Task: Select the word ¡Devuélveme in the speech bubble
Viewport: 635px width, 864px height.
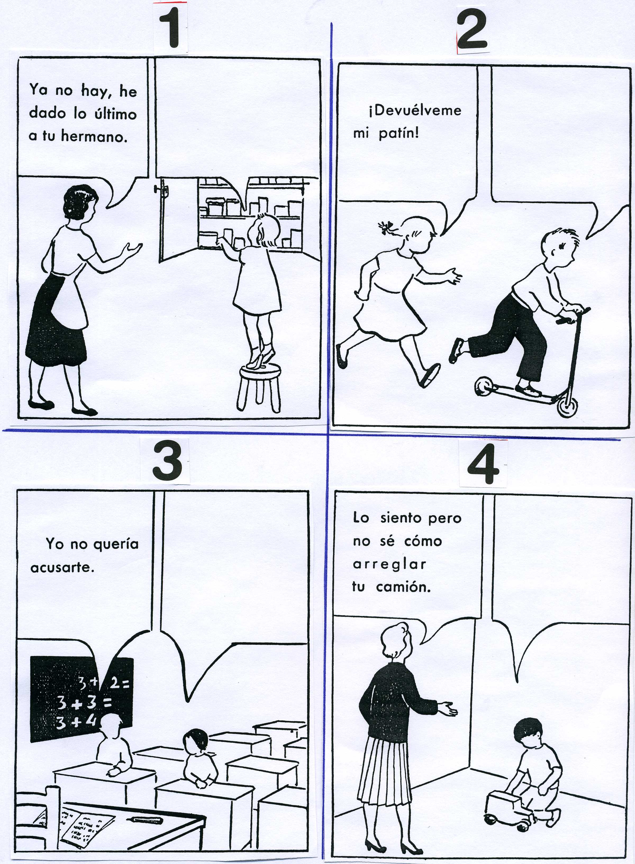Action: pos(414,111)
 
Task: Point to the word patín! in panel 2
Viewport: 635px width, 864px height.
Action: pos(399,134)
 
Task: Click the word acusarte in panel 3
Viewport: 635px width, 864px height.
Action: pos(62,568)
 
